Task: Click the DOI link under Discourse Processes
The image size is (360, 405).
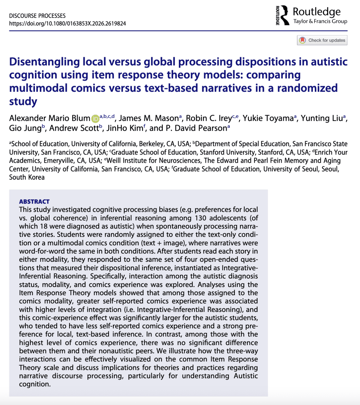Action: click(x=68, y=24)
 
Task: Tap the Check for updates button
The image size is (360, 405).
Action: click(x=322, y=40)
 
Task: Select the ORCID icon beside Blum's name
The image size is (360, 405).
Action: click(x=95, y=119)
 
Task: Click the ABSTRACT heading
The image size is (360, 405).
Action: click(x=34, y=202)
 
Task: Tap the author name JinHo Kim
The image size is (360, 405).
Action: click(x=125, y=128)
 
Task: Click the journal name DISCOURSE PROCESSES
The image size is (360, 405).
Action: click(x=37, y=16)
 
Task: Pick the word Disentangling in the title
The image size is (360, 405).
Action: click(x=45, y=62)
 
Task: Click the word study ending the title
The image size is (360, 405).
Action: click(x=23, y=101)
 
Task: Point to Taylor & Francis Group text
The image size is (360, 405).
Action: click(x=320, y=21)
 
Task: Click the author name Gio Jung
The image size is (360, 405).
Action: click(x=25, y=128)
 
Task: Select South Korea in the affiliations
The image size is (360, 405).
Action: click(x=27, y=177)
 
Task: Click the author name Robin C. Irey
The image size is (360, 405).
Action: click(x=209, y=118)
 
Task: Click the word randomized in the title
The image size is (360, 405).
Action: click(x=307, y=88)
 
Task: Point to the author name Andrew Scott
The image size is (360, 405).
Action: click(x=74, y=128)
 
